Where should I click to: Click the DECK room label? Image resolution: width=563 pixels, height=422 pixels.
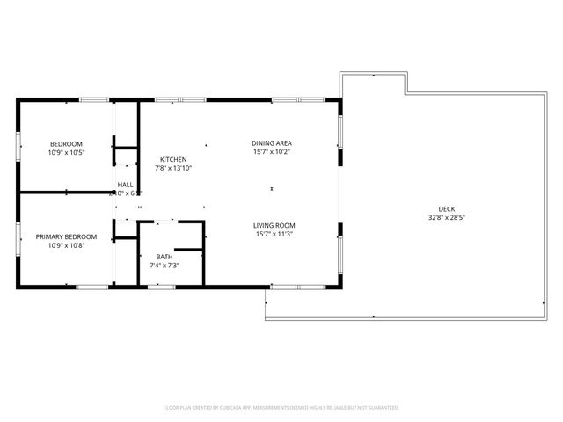[x=446, y=208]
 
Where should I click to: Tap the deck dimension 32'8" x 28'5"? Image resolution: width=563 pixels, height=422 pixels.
[x=446, y=217]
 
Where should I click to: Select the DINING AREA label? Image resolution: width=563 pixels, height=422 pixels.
[x=272, y=142]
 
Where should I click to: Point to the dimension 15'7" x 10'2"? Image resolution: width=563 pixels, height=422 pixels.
[x=272, y=151]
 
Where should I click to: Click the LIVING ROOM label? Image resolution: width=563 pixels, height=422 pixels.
[x=274, y=225]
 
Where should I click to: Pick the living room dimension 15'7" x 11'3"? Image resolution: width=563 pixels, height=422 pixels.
[x=274, y=234]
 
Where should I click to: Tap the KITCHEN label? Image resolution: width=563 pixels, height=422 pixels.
[x=173, y=159]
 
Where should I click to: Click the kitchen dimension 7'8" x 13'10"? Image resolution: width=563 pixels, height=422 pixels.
[x=173, y=168]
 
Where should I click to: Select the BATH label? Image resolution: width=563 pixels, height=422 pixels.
[x=165, y=257]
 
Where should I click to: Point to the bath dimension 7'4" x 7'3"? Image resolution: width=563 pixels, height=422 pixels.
[x=165, y=266]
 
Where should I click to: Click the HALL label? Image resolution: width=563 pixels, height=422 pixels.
[x=126, y=184]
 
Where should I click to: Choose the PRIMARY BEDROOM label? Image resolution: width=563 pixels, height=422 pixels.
[x=66, y=236]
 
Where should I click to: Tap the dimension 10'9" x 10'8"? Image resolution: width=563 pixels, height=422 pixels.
[x=66, y=245]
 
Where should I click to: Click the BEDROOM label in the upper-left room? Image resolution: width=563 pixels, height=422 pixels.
[x=66, y=144]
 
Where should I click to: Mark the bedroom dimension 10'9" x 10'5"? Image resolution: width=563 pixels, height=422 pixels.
[x=66, y=153]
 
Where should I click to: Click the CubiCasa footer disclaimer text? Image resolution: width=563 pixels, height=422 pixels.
[x=281, y=408]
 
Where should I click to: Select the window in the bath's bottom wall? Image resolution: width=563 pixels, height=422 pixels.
[x=161, y=286]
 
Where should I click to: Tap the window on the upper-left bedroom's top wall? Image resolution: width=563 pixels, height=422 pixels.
[x=94, y=100]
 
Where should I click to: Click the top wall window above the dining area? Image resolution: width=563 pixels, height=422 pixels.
[x=285, y=100]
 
